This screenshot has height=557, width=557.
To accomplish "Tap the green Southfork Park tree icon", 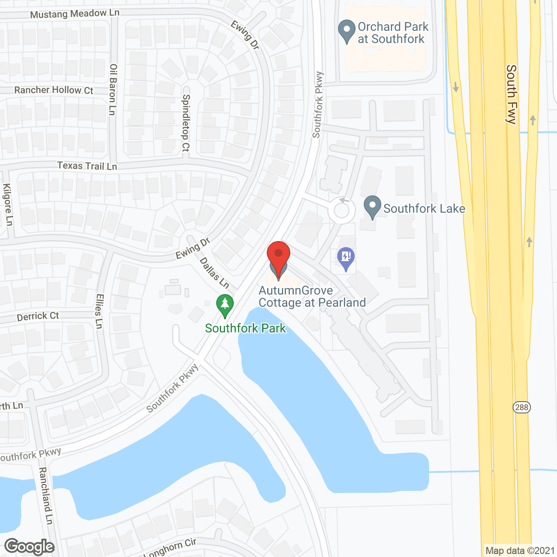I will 225,305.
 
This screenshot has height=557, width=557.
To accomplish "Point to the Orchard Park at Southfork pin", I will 347,31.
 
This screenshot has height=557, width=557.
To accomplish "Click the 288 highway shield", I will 521,407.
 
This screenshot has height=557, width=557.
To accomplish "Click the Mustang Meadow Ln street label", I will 74,14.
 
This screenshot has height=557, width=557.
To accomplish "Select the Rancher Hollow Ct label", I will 54,90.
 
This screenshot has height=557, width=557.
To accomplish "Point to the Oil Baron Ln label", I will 113,90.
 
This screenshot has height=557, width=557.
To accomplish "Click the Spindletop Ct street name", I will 186,123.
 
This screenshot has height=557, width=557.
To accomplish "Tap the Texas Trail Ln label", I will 87,166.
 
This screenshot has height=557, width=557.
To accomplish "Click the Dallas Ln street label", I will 215,273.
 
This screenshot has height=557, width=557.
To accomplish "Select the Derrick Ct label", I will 38,316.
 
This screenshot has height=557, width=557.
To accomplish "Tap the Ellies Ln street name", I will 100,311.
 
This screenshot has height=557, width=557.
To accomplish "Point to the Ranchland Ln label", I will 46,496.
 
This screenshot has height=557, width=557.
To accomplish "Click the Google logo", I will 30,547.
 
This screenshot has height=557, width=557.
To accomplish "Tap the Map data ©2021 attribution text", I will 520,551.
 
